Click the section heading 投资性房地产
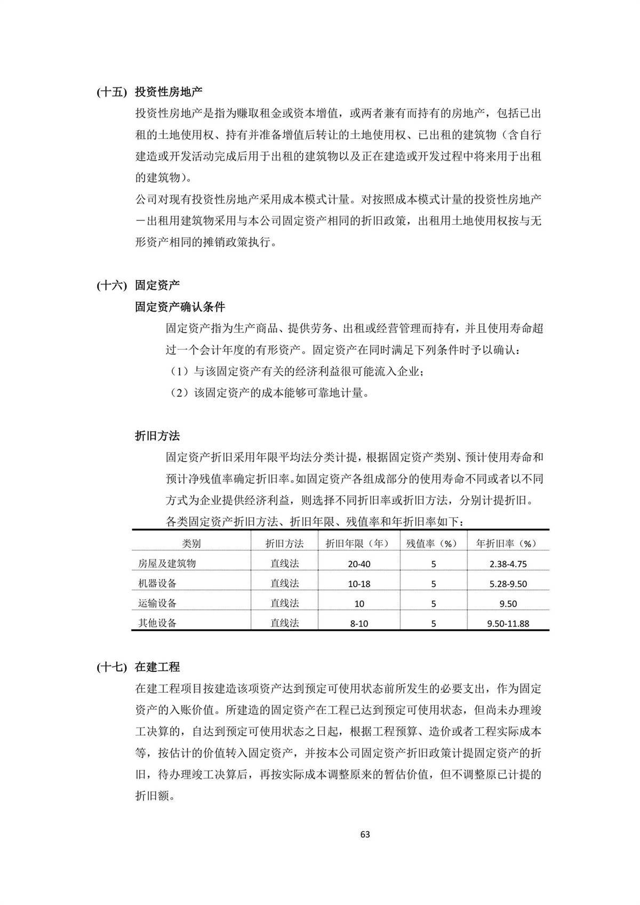tap(169, 91)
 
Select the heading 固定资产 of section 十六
tap(157, 285)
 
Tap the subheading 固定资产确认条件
tap(180, 307)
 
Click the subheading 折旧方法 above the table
tap(157, 436)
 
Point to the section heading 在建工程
tap(157, 667)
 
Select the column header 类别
tap(191, 544)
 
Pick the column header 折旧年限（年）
tap(359, 544)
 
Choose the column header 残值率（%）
tap(433, 544)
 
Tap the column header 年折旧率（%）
tap(508, 544)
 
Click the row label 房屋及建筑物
tap(167, 563)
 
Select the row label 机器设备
tap(157, 583)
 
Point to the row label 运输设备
tap(157, 604)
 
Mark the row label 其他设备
tap(157, 623)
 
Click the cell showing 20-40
tap(359, 564)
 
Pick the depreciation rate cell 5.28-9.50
tap(508, 584)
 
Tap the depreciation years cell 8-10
tap(359, 623)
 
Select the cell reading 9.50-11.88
tap(508, 623)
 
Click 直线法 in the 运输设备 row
tap(284, 604)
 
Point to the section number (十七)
tap(111, 667)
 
